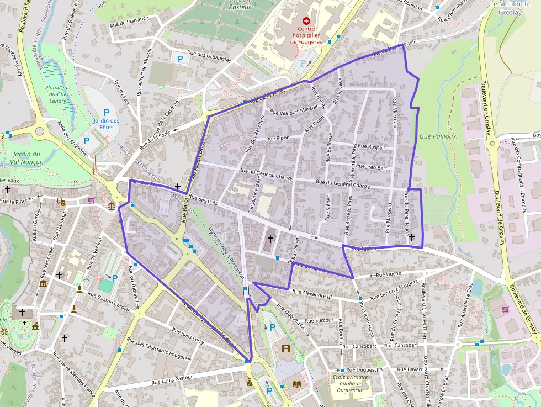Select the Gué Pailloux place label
click(x=438, y=136)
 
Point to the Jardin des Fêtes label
click(x=107, y=124)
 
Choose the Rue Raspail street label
click(x=372, y=147)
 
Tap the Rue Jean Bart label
click(x=372, y=166)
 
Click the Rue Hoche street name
click(x=388, y=274)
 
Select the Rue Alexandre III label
click(x=312, y=294)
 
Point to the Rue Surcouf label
click(x=319, y=320)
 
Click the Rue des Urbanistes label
click(x=209, y=56)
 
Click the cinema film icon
click(x=285, y=348)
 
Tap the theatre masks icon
click(x=61, y=202)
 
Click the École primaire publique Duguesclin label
click(x=350, y=383)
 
